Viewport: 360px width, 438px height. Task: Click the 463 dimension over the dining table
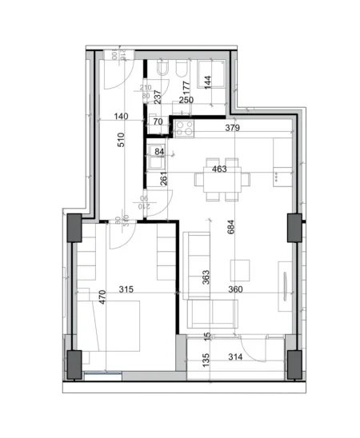point(218,169)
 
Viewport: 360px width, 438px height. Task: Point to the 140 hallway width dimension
point(121,117)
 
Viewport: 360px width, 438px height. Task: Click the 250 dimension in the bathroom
point(186,100)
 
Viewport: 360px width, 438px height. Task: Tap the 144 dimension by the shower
point(207,82)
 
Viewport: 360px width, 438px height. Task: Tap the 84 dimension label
point(159,152)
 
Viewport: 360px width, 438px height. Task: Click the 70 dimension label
point(158,121)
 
